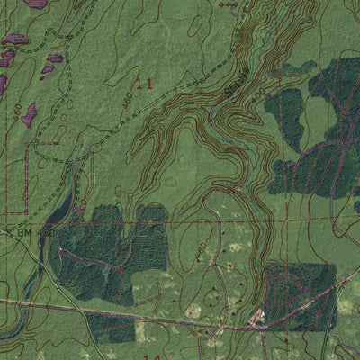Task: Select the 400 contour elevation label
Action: [258, 94]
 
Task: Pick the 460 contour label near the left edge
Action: [17, 111]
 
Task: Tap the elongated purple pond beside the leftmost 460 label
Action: [30, 114]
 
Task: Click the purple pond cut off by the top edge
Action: [36, 4]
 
